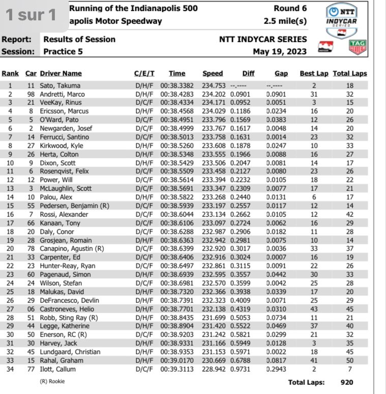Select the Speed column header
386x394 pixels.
point(212,73)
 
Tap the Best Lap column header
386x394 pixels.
point(314,73)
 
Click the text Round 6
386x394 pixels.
point(289,9)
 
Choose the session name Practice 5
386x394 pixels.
point(64,51)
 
